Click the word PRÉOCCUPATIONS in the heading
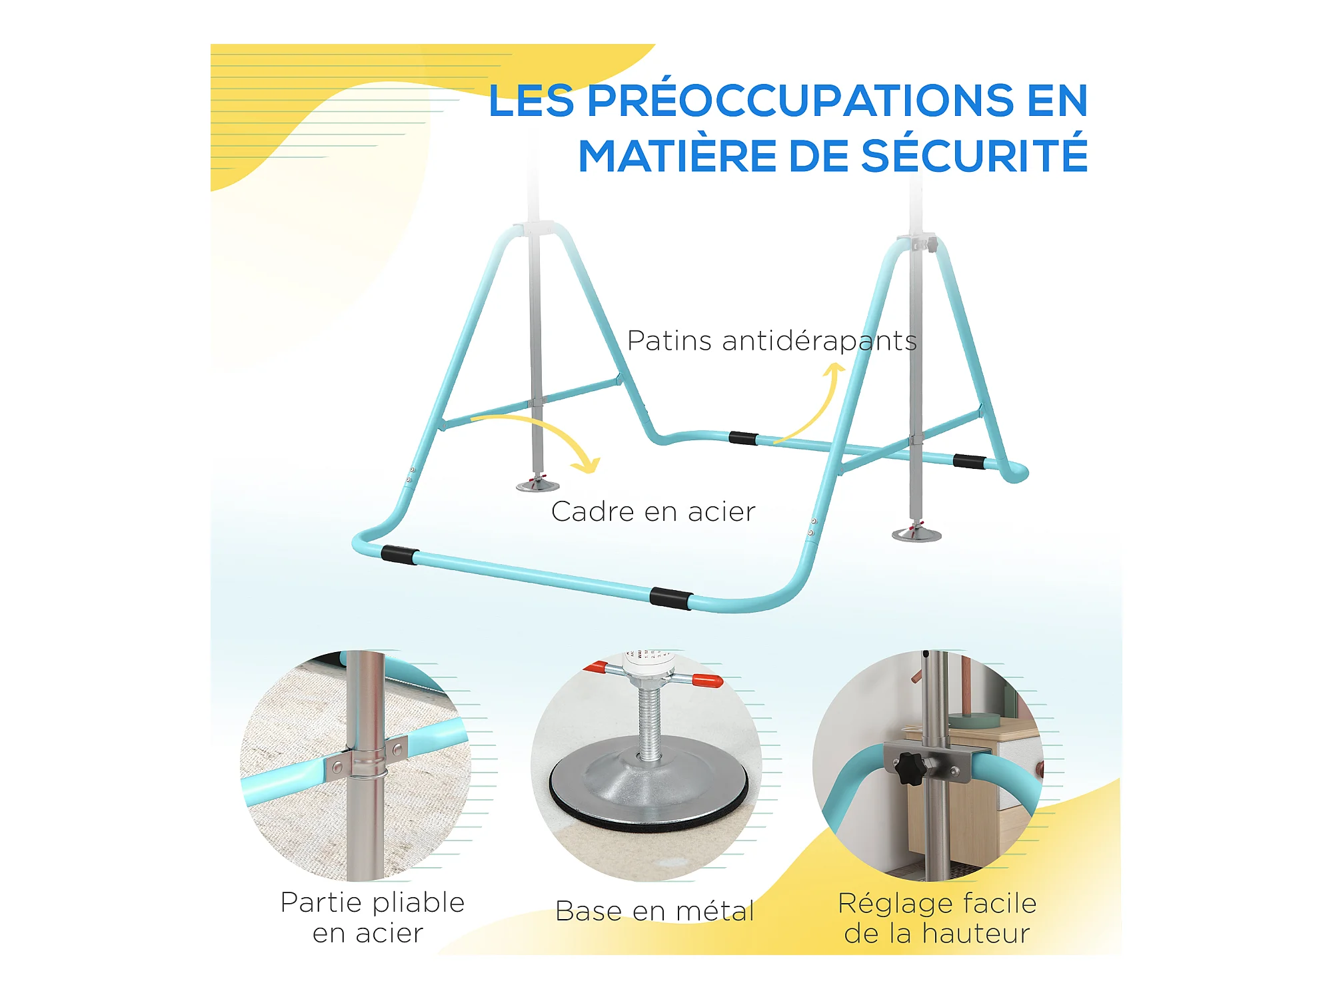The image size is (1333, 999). [800, 101]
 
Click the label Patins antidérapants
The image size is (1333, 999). [772, 341]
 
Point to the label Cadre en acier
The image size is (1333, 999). [653, 511]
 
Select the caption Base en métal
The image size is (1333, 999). [655, 911]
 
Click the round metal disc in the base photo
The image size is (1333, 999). [648, 787]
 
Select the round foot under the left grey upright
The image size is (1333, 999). [537, 484]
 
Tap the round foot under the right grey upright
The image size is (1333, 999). [916, 533]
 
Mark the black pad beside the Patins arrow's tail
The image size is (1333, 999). [743, 438]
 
